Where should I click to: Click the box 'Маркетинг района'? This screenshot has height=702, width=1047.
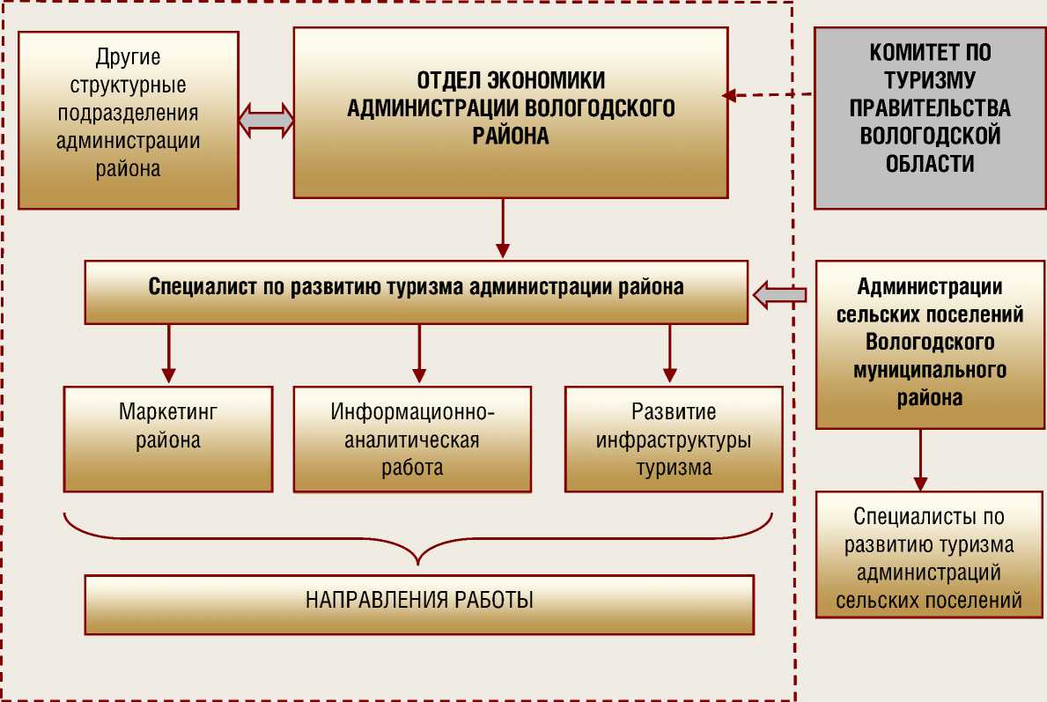[168, 439]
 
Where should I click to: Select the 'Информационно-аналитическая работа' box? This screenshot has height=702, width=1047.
[412, 439]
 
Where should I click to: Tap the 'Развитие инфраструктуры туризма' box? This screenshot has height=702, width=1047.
[674, 439]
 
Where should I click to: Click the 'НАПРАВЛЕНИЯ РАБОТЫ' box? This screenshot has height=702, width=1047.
[419, 604]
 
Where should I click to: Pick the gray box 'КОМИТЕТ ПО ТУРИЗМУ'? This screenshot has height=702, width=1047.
[929, 118]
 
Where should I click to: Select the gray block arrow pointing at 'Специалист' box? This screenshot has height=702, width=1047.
[780, 295]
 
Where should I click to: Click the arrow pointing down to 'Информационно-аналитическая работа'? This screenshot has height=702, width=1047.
[419, 352]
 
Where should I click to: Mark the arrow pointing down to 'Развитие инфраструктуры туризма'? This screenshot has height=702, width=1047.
[669, 352]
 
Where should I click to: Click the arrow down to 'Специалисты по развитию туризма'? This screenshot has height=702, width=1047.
[920, 460]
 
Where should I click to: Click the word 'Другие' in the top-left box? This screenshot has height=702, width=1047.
[129, 58]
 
